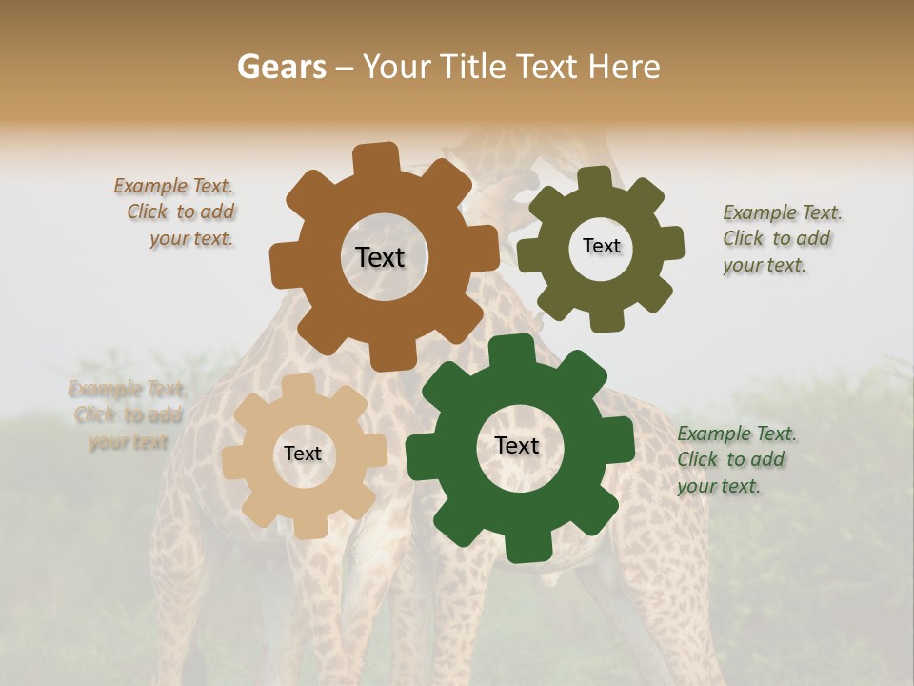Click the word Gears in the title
[281, 67]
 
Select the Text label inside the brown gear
[380, 257]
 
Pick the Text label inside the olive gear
[601, 246]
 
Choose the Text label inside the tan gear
[303, 454]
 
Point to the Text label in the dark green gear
[517, 446]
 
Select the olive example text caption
[781, 239]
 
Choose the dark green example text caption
[735, 460]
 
